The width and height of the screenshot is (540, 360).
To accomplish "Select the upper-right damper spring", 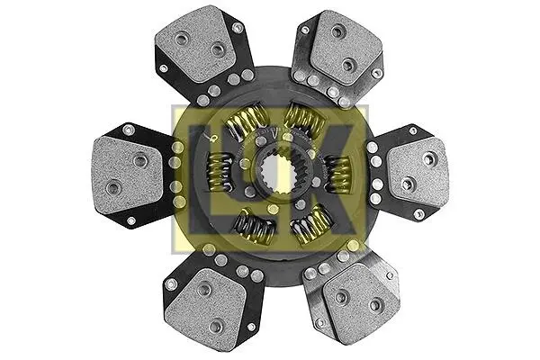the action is [x=305, y=119].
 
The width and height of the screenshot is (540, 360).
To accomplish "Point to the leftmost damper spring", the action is [x=219, y=170].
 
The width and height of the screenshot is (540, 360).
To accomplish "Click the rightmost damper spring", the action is [x=337, y=174].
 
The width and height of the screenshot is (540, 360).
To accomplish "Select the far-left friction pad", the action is [x=126, y=174].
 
